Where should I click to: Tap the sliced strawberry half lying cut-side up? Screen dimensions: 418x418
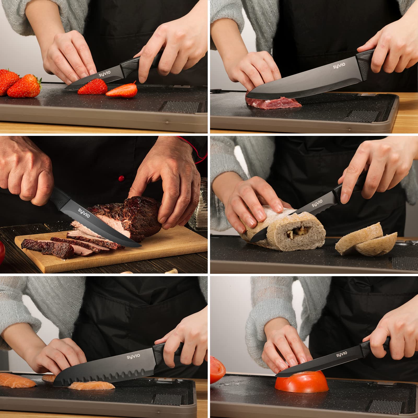click(x=122, y=90)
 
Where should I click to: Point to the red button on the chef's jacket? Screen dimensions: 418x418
click(x=120, y=178)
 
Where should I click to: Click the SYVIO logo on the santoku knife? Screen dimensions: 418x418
click(x=134, y=356)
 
